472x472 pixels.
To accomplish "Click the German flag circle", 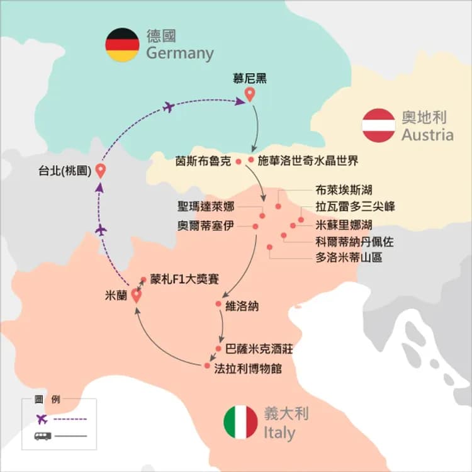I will [122, 45].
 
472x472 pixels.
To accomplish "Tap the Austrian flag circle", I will [379, 125].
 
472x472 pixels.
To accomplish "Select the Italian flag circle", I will [240, 422].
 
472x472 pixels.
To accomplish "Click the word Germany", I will [180, 53].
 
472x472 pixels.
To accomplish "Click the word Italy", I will [279, 432].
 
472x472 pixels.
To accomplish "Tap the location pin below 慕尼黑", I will [250, 95].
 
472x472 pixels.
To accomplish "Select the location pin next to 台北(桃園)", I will [99, 171].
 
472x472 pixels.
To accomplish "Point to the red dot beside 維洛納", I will [218, 305].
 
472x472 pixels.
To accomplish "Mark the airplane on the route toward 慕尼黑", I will [168, 107].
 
